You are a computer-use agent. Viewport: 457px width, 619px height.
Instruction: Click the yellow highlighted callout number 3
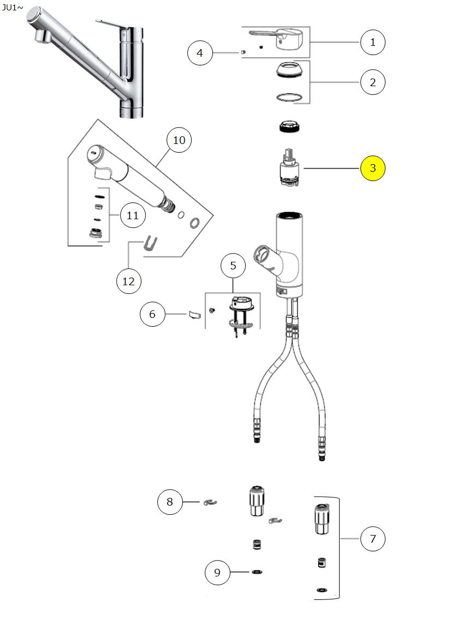click(372, 168)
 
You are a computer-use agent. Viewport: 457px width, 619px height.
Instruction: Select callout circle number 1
click(372, 42)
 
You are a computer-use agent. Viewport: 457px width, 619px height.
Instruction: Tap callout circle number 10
click(179, 140)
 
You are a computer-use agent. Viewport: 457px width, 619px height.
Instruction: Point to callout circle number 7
click(372, 538)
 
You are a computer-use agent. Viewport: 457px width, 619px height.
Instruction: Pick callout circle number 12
click(128, 281)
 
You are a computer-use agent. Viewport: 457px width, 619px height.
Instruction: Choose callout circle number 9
click(217, 573)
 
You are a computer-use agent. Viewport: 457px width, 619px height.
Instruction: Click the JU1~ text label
click(12, 7)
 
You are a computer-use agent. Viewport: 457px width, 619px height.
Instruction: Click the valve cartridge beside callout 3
click(289, 167)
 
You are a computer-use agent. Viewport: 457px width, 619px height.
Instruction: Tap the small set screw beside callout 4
click(243, 52)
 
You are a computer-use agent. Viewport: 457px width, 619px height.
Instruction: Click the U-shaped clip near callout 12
click(150, 243)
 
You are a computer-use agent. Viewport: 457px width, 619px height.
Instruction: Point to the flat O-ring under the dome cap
click(289, 97)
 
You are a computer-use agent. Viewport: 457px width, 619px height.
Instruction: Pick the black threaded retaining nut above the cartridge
click(289, 127)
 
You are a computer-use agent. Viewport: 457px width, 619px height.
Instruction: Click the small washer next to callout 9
click(257, 572)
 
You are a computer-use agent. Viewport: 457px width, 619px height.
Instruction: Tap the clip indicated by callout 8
click(210, 502)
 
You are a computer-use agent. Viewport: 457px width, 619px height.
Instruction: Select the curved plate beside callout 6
click(194, 315)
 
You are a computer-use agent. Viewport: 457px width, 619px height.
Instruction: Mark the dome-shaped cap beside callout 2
click(289, 70)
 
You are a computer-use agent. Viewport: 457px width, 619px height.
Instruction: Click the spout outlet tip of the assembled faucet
click(41, 37)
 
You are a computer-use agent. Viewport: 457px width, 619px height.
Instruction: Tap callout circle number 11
click(133, 215)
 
